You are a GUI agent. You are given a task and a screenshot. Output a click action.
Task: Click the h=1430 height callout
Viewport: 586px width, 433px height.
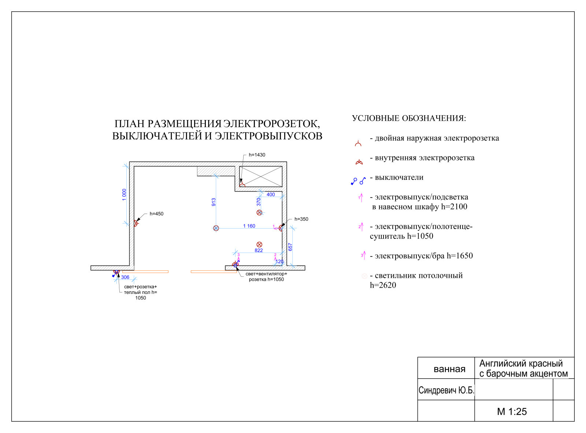(x=257, y=155)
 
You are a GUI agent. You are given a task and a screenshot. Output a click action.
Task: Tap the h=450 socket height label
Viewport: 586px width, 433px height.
(x=156, y=214)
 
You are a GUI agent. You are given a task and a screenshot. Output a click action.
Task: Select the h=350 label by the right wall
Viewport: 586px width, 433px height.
(x=301, y=219)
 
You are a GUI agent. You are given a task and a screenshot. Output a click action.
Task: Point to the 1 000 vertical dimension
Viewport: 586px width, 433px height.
(x=124, y=194)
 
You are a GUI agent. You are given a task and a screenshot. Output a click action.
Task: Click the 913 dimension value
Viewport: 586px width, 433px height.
(x=214, y=202)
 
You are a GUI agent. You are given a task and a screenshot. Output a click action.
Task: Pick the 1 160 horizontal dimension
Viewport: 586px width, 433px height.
(x=249, y=226)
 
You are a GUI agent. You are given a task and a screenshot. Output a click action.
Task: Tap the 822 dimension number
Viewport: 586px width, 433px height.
(x=259, y=250)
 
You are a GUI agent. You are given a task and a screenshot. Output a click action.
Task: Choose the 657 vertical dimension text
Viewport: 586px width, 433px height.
(x=290, y=247)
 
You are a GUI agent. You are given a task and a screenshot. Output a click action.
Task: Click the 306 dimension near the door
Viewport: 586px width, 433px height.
(x=125, y=277)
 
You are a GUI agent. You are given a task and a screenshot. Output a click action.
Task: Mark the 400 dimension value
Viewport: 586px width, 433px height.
(x=271, y=194)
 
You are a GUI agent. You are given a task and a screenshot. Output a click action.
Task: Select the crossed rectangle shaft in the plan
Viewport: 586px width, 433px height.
(x=260, y=177)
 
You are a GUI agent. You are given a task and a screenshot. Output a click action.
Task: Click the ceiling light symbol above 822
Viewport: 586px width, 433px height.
(x=259, y=244)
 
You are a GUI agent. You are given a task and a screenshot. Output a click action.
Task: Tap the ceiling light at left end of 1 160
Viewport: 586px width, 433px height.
(x=216, y=228)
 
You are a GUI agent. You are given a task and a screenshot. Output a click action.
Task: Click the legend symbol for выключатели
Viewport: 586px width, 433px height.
(x=358, y=181)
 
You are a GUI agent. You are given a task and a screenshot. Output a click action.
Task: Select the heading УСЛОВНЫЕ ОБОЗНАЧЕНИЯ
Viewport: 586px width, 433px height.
(x=409, y=118)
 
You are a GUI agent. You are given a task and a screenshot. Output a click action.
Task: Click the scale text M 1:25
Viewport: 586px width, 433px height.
(x=512, y=411)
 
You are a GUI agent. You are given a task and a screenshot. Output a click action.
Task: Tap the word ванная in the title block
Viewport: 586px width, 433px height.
(x=449, y=369)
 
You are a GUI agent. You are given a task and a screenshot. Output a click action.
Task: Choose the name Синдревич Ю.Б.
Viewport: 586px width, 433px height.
(x=446, y=390)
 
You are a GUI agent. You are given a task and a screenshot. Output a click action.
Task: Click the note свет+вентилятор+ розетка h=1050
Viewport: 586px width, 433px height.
(x=266, y=277)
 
